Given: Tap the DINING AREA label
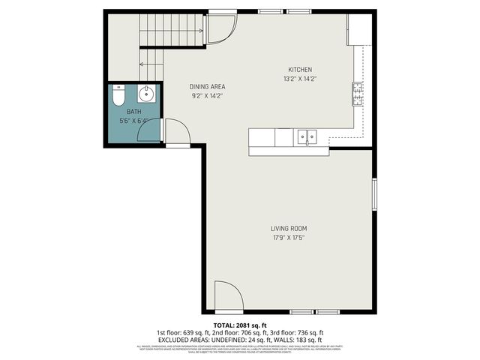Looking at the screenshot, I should [208, 87].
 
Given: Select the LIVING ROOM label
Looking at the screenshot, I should [289, 228].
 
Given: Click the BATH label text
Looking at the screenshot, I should [133, 112].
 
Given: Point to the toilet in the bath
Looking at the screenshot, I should [118, 98].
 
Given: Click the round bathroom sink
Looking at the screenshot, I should [147, 94].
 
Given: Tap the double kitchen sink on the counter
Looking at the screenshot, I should [306, 136].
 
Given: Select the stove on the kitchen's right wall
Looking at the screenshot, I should [358, 94].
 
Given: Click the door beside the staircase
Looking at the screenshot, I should [220, 29].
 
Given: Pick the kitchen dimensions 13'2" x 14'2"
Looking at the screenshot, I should [301, 79].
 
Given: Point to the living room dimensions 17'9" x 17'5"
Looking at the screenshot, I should [289, 238].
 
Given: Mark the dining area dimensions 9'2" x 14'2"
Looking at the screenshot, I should [208, 96].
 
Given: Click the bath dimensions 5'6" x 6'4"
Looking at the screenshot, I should [133, 121].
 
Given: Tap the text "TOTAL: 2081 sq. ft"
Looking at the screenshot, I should [240, 325].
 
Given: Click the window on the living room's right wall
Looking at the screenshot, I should [374, 195].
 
